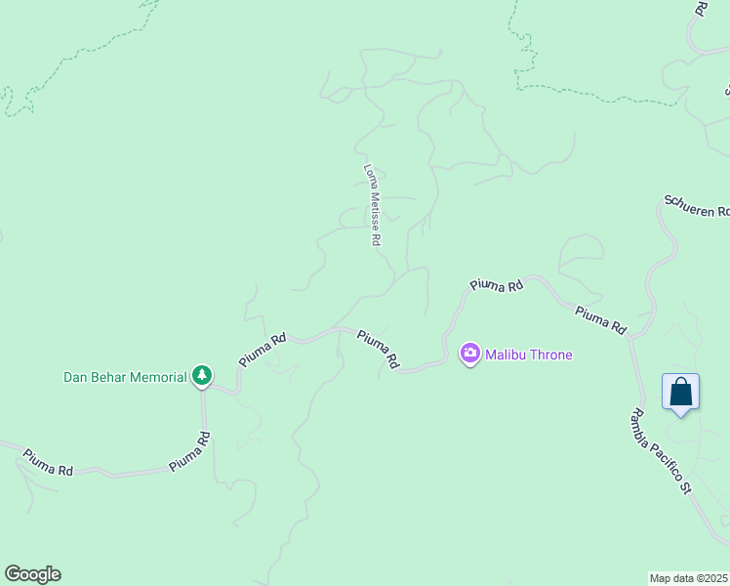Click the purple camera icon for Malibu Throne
pyautogui.click(x=470, y=354)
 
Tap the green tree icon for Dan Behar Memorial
pyautogui.click(x=202, y=375)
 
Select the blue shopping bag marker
pyautogui.click(x=680, y=393)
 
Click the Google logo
pyautogui.click(x=32, y=574)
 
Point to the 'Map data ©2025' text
pyautogui.click(x=689, y=578)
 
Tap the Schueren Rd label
pyautogui.click(x=696, y=206)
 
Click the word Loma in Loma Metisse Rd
pyautogui.click(x=370, y=177)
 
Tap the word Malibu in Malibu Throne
pyautogui.click(x=507, y=355)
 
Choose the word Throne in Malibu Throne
pyautogui.click(x=552, y=355)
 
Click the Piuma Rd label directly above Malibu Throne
pyautogui.click(x=497, y=285)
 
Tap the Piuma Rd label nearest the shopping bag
pyautogui.click(x=600, y=320)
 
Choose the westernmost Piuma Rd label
pyautogui.click(x=49, y=463)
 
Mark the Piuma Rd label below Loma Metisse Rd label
pyautogui.click(x=378, y=349)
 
